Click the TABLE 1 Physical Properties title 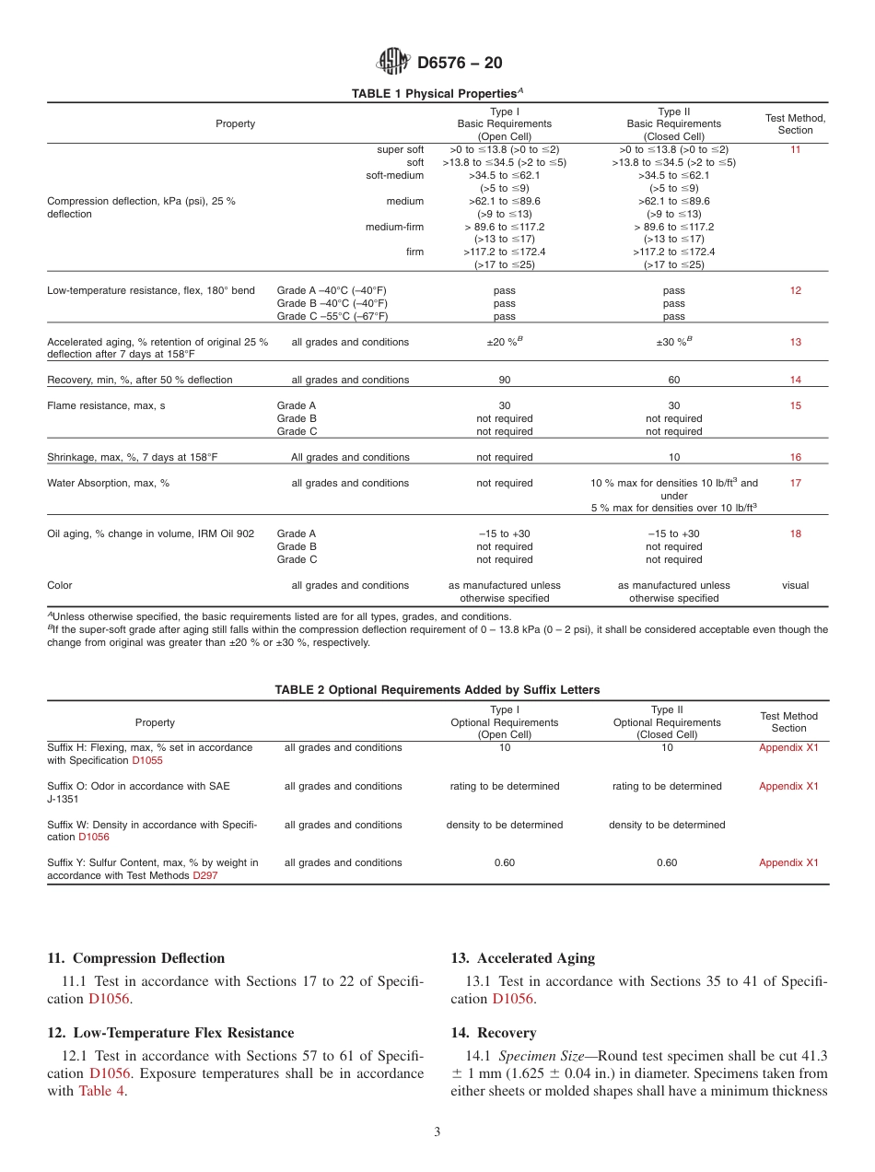[437, 94]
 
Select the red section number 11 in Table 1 [795, 149]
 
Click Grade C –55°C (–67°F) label [332, 316]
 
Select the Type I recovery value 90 [504, 380]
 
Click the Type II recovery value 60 [673, 380]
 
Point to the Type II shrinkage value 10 [673, 457]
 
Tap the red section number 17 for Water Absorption [795, 483]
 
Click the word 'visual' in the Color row [795, 585]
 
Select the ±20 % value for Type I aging [504, 342]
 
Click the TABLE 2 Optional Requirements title [437, 690]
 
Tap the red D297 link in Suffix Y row [204, 876]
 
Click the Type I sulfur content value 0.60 [504, 863]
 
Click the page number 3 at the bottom [437, 1132]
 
